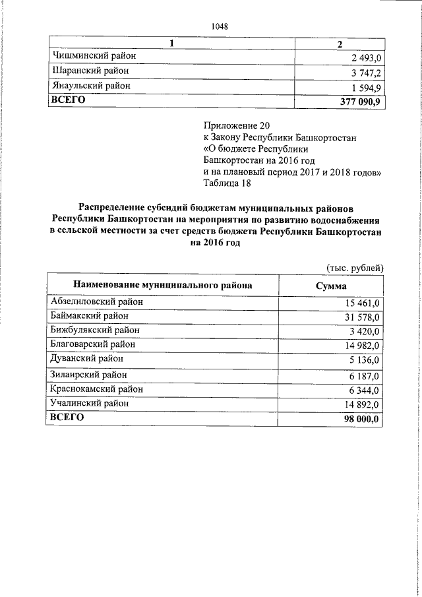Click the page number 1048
[x=220, y=26]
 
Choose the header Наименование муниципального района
[x=162, y=285]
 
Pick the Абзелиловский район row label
[x=97, y=301]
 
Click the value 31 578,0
[x=362, y=317]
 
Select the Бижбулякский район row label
[x=95, y=330]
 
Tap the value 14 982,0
[x=362, y=346]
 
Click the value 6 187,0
[x=364, y=375]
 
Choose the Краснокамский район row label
[x=97, y=389]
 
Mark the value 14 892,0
[x=362, y=404]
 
